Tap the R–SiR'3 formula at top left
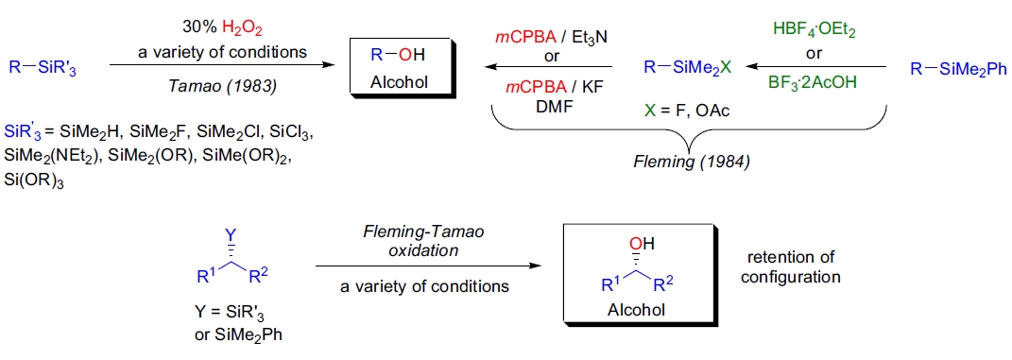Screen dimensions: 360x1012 coord(44,67)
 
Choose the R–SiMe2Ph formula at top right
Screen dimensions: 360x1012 coord(958,68)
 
